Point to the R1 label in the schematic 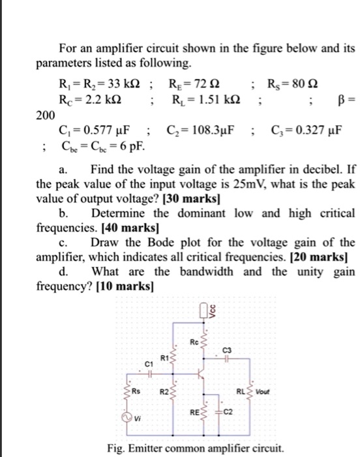click(x=163, y=357)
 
